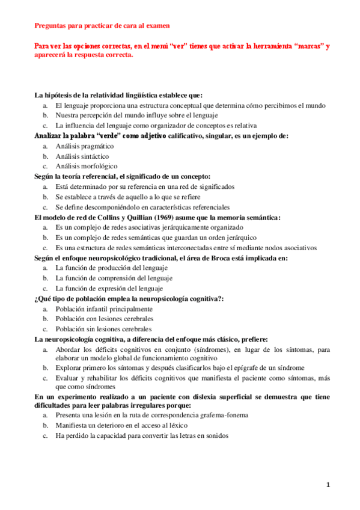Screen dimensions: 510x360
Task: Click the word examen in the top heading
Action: [x=156, y=25]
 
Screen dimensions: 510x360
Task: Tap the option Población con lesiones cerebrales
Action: [x=104, y=319]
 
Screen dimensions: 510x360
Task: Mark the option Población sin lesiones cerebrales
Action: [x=103, y=329]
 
